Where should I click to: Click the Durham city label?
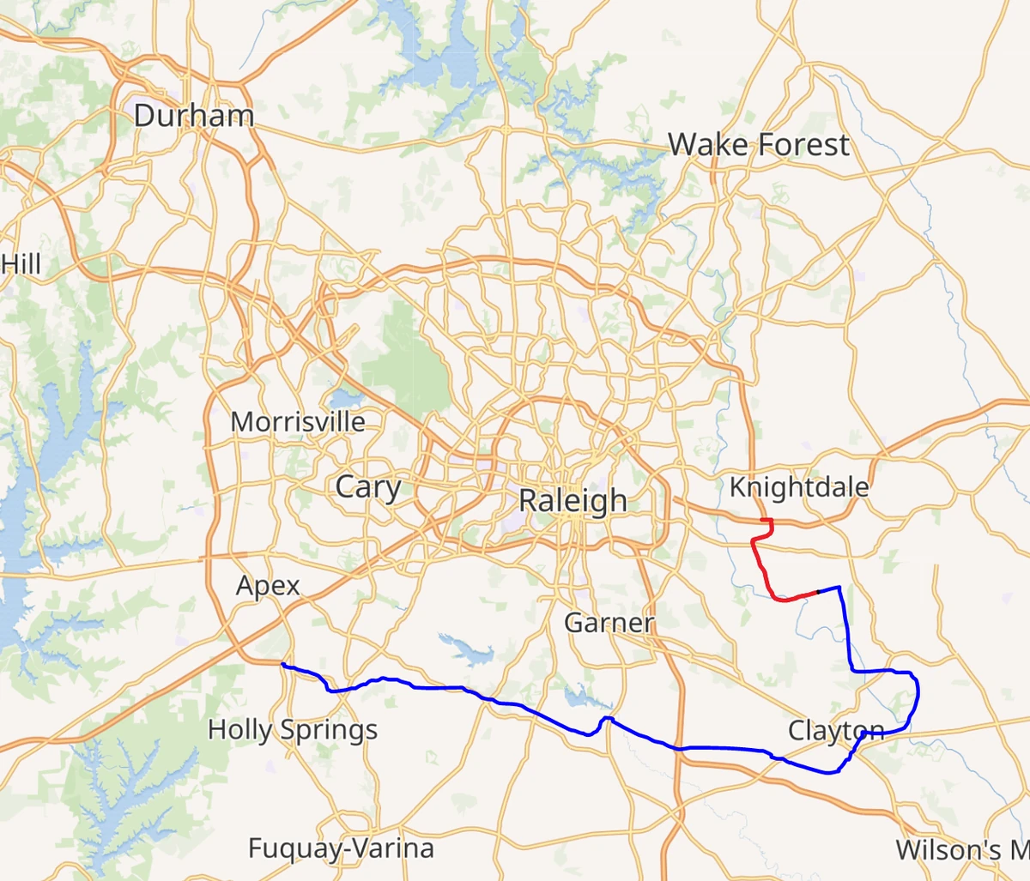[x=194, y=116]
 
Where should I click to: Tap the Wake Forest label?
[x=759, y=144]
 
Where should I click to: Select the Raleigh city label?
[x=573, y=500]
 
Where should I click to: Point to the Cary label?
[x=368, y=486]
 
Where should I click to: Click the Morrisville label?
[x=298, y=422]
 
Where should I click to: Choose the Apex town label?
[x=268, y=586]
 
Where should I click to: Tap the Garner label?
[x=609, y=622]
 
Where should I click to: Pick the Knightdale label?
[x=799, y=487]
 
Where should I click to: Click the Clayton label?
[x=836, y=731]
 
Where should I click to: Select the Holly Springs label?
[x=293, y=730]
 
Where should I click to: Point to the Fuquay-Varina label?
[x=341, y=848]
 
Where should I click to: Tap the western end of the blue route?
[x=282, y=665]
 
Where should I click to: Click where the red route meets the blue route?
[x=817, y=591]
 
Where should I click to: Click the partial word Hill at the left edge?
[x=21, y=263]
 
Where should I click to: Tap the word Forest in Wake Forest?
[x=803, y=144]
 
